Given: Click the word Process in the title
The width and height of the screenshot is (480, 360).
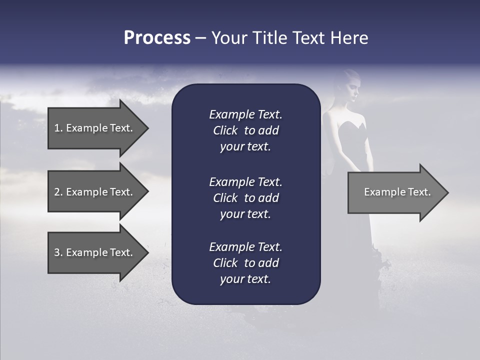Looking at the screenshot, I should [x=157, y=38].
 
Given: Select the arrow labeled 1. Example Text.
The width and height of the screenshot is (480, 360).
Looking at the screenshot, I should [x=95, y=128].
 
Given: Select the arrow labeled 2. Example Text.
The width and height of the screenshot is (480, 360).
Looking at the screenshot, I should [x=95, y=192].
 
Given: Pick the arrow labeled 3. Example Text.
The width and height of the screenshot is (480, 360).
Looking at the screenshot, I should [x=95, y=252].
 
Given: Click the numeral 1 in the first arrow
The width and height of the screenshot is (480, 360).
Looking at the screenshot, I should [x=56, y=128].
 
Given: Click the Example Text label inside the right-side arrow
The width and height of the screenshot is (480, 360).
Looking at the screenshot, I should [x=397, y=192].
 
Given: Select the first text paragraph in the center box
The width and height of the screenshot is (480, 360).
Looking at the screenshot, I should [x=245, y=130].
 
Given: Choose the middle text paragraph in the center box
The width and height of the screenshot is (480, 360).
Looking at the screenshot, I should [x=245, y=198].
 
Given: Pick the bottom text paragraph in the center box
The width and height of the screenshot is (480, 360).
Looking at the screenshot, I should [x=245, y=263].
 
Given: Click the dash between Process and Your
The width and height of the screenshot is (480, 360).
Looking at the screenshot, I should [x=200, y=38].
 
